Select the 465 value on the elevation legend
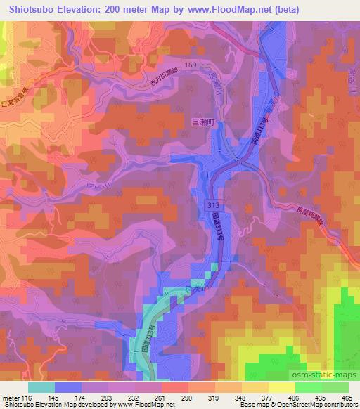(x=347, y=398)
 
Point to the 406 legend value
(x=285, y=398)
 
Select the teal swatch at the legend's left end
(x=41, y=387)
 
